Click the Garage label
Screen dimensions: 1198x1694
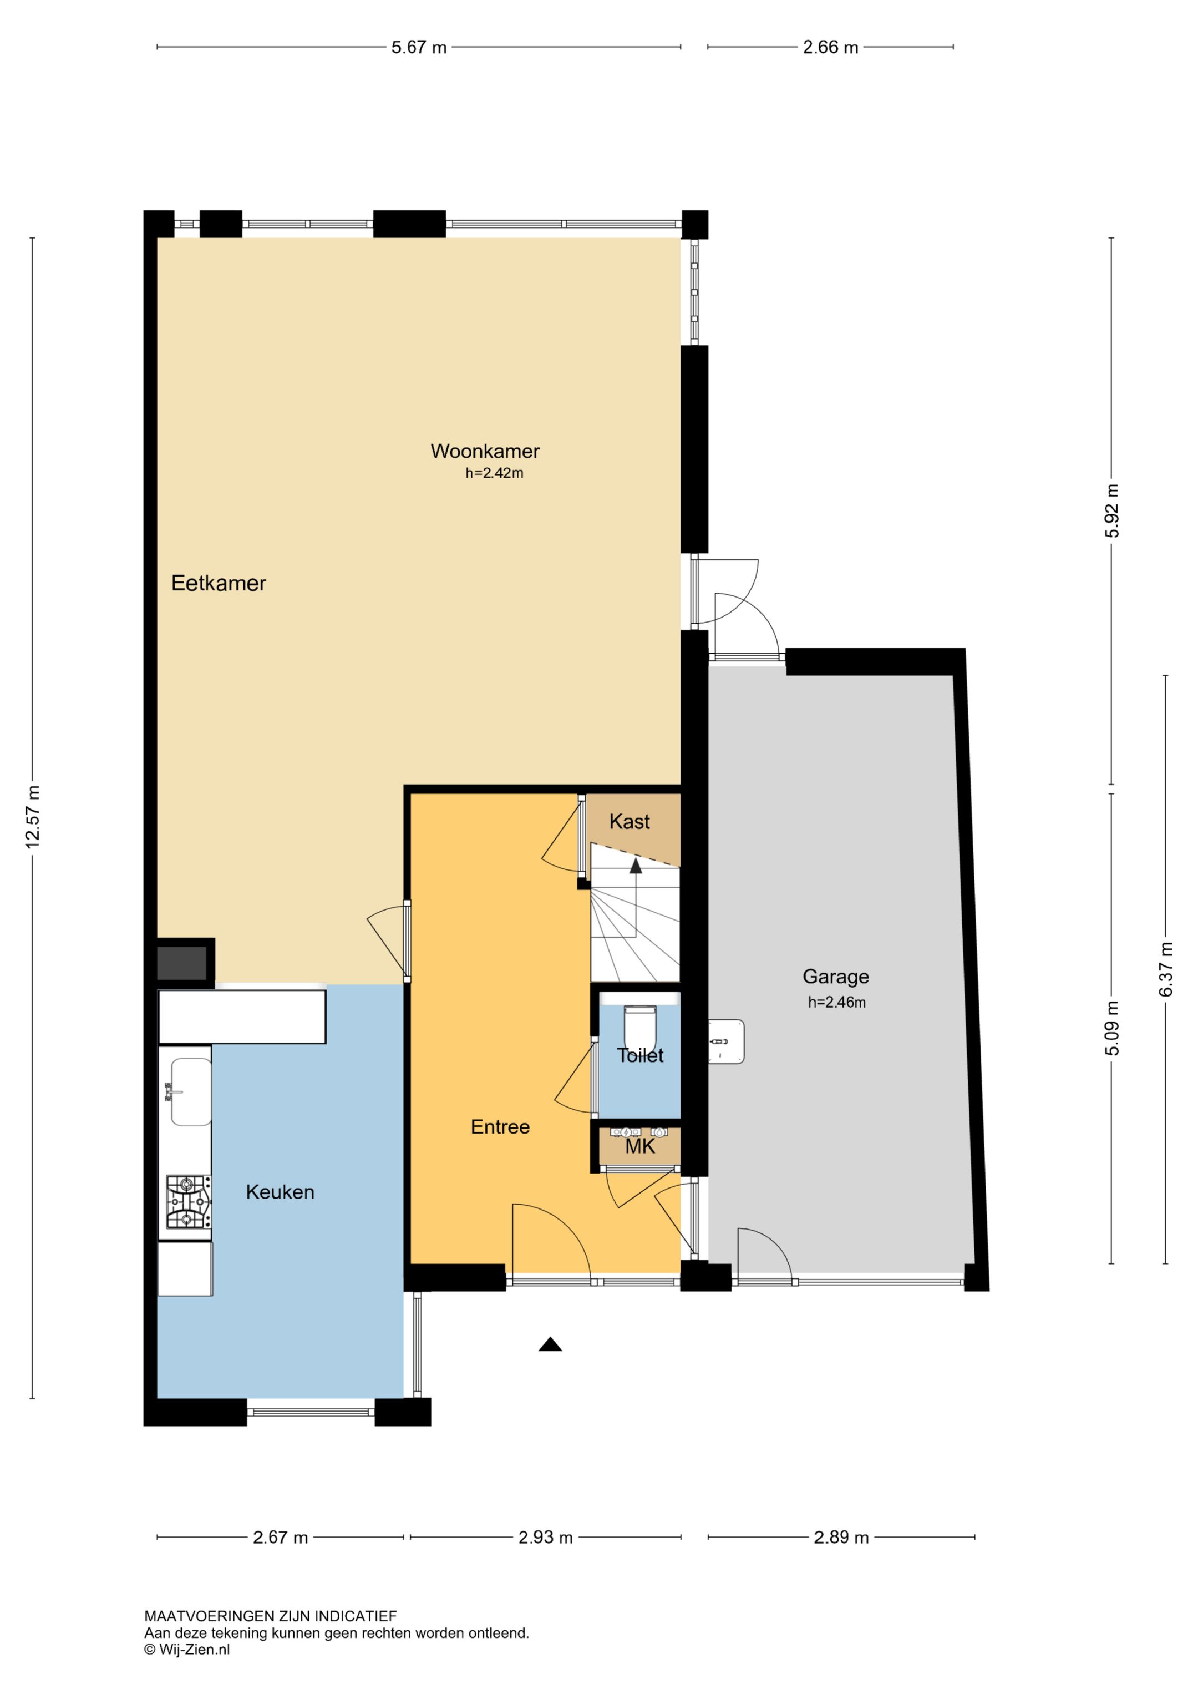[836, 977]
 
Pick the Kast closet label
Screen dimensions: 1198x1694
[630, 821]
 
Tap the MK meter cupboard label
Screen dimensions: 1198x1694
[639, 1146]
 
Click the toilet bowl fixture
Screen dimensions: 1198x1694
[639, 1027]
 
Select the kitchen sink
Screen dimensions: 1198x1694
[191, 1091]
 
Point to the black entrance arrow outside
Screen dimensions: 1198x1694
[550, 1344]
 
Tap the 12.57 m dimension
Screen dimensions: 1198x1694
[33, 817]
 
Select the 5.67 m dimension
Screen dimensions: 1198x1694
[419, 47]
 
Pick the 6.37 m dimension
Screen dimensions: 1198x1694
[1165, 969]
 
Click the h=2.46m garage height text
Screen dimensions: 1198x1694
[836, 1002]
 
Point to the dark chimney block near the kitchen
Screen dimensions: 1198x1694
[181, 963]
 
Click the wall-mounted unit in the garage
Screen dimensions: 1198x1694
[726, 1042]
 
